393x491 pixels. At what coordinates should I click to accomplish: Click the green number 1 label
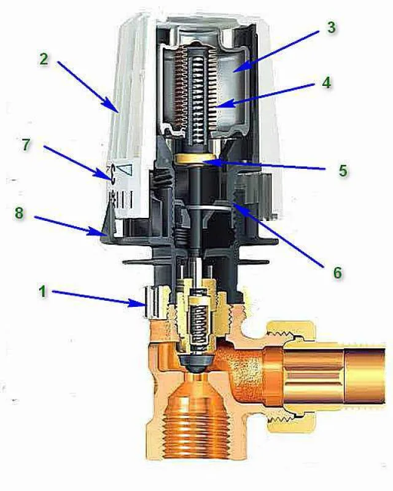click(x=42, y=292)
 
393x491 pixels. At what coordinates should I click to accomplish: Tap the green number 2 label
click(x=44, y=59)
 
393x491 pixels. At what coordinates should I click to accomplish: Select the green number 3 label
click(x=331, y=27)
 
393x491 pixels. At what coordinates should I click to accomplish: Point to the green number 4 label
click(x=327, y=83)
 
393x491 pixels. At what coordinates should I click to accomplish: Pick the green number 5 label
click(x=343, y=171)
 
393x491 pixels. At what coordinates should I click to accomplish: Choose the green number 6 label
click(x=338, y=273)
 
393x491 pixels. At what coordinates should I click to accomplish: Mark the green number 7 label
click(x=26, y=145)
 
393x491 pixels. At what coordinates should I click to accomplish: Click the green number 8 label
click(x=19, y=213)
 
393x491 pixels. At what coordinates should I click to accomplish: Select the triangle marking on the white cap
click(x=125, y=170)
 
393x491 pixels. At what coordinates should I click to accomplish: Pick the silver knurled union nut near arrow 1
click(x=155, y=301)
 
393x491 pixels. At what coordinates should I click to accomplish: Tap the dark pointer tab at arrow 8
click(x=108, y=222)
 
